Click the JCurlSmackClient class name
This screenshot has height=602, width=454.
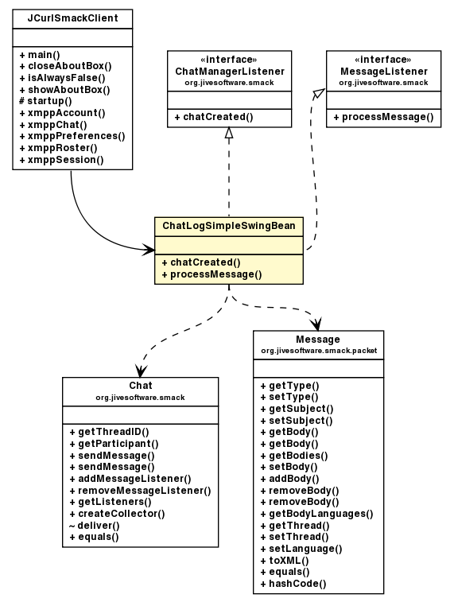point(72,17)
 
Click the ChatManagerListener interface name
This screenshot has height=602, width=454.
point(229,71)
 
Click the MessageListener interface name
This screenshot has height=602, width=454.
point(384,71)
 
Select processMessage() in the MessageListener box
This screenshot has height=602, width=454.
point(383,117)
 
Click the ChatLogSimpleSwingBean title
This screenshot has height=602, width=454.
point(228,226)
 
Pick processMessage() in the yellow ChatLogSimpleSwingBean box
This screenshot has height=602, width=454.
point(211,274)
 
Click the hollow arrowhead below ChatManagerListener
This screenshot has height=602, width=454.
point(229,133)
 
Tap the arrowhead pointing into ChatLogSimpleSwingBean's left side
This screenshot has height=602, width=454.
point(149,250)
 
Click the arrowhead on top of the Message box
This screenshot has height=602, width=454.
point(317,324)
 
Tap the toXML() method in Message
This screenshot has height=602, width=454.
point(284,560)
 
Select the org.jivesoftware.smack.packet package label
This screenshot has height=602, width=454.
point(318,349)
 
